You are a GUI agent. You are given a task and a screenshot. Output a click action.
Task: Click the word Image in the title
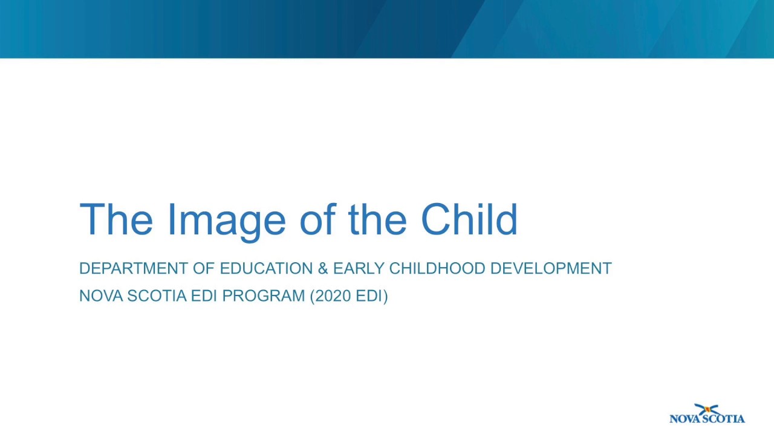coord(226,219)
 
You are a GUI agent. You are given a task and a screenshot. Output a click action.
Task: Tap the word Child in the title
coord(469,219)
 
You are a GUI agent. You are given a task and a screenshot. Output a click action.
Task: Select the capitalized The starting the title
coord(116,219)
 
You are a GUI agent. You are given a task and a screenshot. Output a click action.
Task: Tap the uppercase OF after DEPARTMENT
coord(204,268)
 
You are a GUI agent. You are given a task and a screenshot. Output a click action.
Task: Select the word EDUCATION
coord(266,268)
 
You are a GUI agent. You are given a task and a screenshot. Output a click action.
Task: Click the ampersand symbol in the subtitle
coord(323,268)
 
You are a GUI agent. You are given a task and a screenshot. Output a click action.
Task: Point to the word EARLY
coord(359,268)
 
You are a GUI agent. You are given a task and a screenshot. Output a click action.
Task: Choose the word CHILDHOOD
coord(437,268)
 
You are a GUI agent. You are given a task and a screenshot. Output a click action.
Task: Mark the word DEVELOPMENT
coord(551,268)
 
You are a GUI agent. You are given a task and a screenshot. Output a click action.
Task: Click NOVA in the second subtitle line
coord(101,295)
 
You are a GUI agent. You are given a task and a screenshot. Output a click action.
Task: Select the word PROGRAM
coord(264,295)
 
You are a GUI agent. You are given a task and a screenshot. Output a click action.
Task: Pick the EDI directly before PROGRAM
coord(204,295)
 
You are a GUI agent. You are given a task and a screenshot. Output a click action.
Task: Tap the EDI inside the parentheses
coord(369,295)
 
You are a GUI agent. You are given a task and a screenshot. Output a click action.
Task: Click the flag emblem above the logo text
coord(706,410)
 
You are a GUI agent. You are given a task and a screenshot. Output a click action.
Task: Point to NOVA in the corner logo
coord(685,418)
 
